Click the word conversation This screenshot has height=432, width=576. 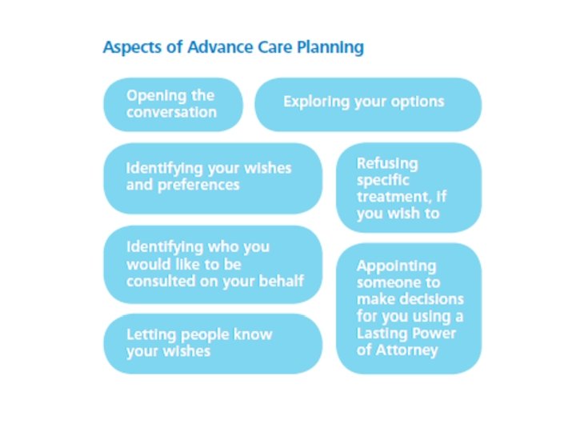click(171, 112)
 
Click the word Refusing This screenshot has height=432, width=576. click(387, 163)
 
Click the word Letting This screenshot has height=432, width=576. click(149, 334)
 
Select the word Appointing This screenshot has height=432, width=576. click(397, 266)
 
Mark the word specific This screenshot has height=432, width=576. click(383, 180)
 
